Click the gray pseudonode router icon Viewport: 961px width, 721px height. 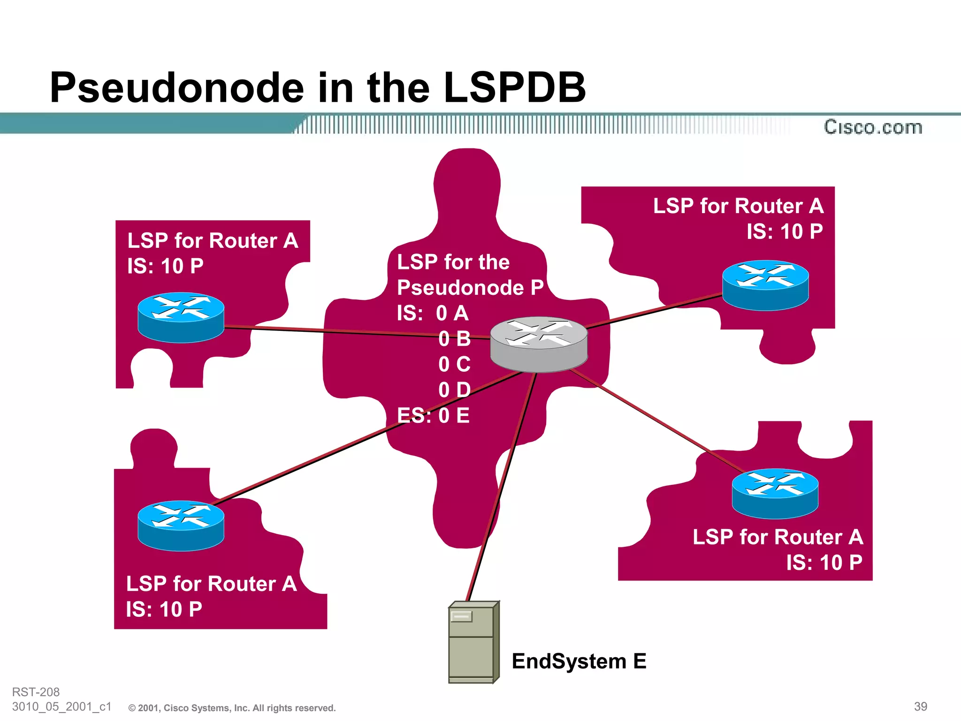point(539,344)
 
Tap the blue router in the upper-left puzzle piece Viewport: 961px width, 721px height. point(181,317)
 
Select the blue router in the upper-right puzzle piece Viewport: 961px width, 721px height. point(765,285)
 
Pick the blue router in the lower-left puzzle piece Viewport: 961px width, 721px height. point(181,525)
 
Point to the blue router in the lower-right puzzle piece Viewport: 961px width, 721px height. point(775,493)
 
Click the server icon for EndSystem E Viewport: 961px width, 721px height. point(473,642)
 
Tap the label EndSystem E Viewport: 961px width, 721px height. point(579,661)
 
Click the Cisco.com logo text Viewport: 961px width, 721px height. point(873,127)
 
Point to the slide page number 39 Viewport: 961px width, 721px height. point(920,706)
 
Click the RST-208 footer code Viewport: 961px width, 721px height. point(36,692)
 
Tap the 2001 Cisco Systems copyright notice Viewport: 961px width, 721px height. point(232,708)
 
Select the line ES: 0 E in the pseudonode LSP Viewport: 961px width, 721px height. point(433,415)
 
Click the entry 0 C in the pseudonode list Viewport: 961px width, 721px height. point(454,364)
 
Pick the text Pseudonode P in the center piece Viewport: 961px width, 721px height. point(470,287)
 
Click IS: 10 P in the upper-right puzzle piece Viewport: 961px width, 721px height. point(785,231)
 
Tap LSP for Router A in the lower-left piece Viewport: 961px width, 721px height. point(211,584)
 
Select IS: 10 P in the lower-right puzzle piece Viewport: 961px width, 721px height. point(824,562)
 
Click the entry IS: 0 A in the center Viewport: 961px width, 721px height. point(433,313)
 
